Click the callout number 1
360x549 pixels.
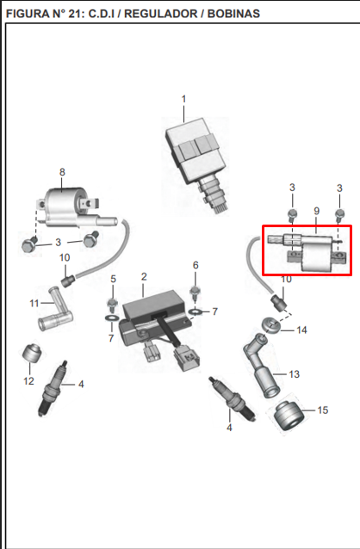(183, 100)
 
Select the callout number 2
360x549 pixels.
(144, 277)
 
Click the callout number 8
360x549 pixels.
(62, 172)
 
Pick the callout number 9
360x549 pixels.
(317, 211)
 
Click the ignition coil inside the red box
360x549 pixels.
(308, 252)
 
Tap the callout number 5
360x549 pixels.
(113, 279)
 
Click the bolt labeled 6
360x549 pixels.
(196, 293)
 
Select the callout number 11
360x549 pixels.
(34, 303)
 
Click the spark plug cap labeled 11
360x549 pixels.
(55, 309)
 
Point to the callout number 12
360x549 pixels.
(28, 381)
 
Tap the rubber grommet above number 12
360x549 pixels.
(32, 354)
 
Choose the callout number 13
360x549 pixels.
(294, 374)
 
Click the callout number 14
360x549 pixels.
(301, 330)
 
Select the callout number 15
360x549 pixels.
(322, 410)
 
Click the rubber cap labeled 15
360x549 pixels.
(289, 416)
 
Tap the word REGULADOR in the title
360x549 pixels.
(161, 14)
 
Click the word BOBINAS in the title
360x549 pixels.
(233, 14)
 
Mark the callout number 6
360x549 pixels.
(196, 265)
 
